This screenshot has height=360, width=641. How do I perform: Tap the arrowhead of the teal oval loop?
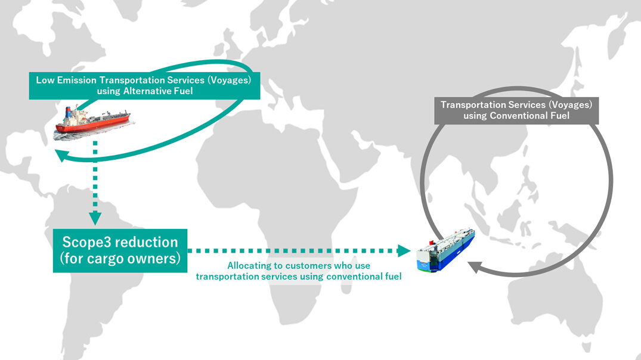60,155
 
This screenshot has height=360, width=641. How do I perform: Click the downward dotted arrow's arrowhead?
94,216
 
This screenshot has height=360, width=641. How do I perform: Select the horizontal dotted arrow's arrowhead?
404,250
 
